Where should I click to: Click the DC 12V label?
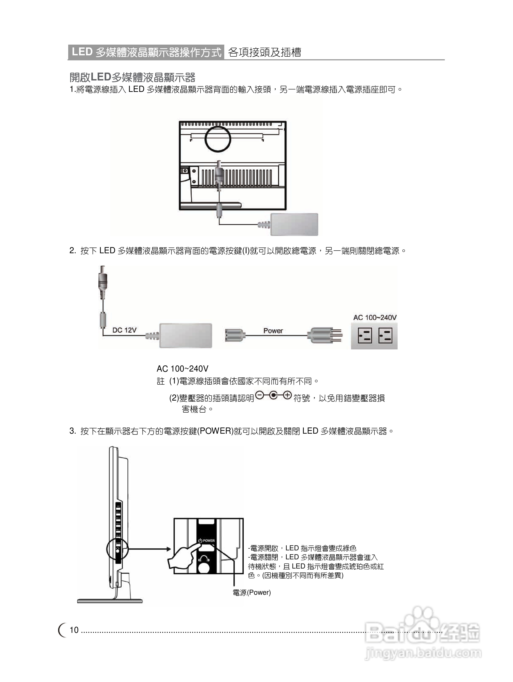[x=124, y=330]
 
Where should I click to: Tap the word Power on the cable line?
[x=273, y=331]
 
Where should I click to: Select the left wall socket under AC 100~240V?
[x=365, y=336]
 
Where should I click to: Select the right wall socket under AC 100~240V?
[x=385, y=336]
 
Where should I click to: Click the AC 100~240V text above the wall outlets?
[x=375, y=317]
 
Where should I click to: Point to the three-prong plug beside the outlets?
[x=324, y=335]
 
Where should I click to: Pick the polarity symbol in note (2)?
[x=273, y=396]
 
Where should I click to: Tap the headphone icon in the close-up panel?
[x=204, y=559]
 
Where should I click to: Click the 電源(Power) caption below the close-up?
[x=252, y=593]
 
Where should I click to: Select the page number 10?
[x=74, y=630]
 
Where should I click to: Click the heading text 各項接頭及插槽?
[x=264, y=52]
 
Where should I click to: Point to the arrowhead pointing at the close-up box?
[x=168, y=549]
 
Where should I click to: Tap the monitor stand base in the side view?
[x=110, y=601]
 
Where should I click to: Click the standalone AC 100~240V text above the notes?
[x=182, y=369]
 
